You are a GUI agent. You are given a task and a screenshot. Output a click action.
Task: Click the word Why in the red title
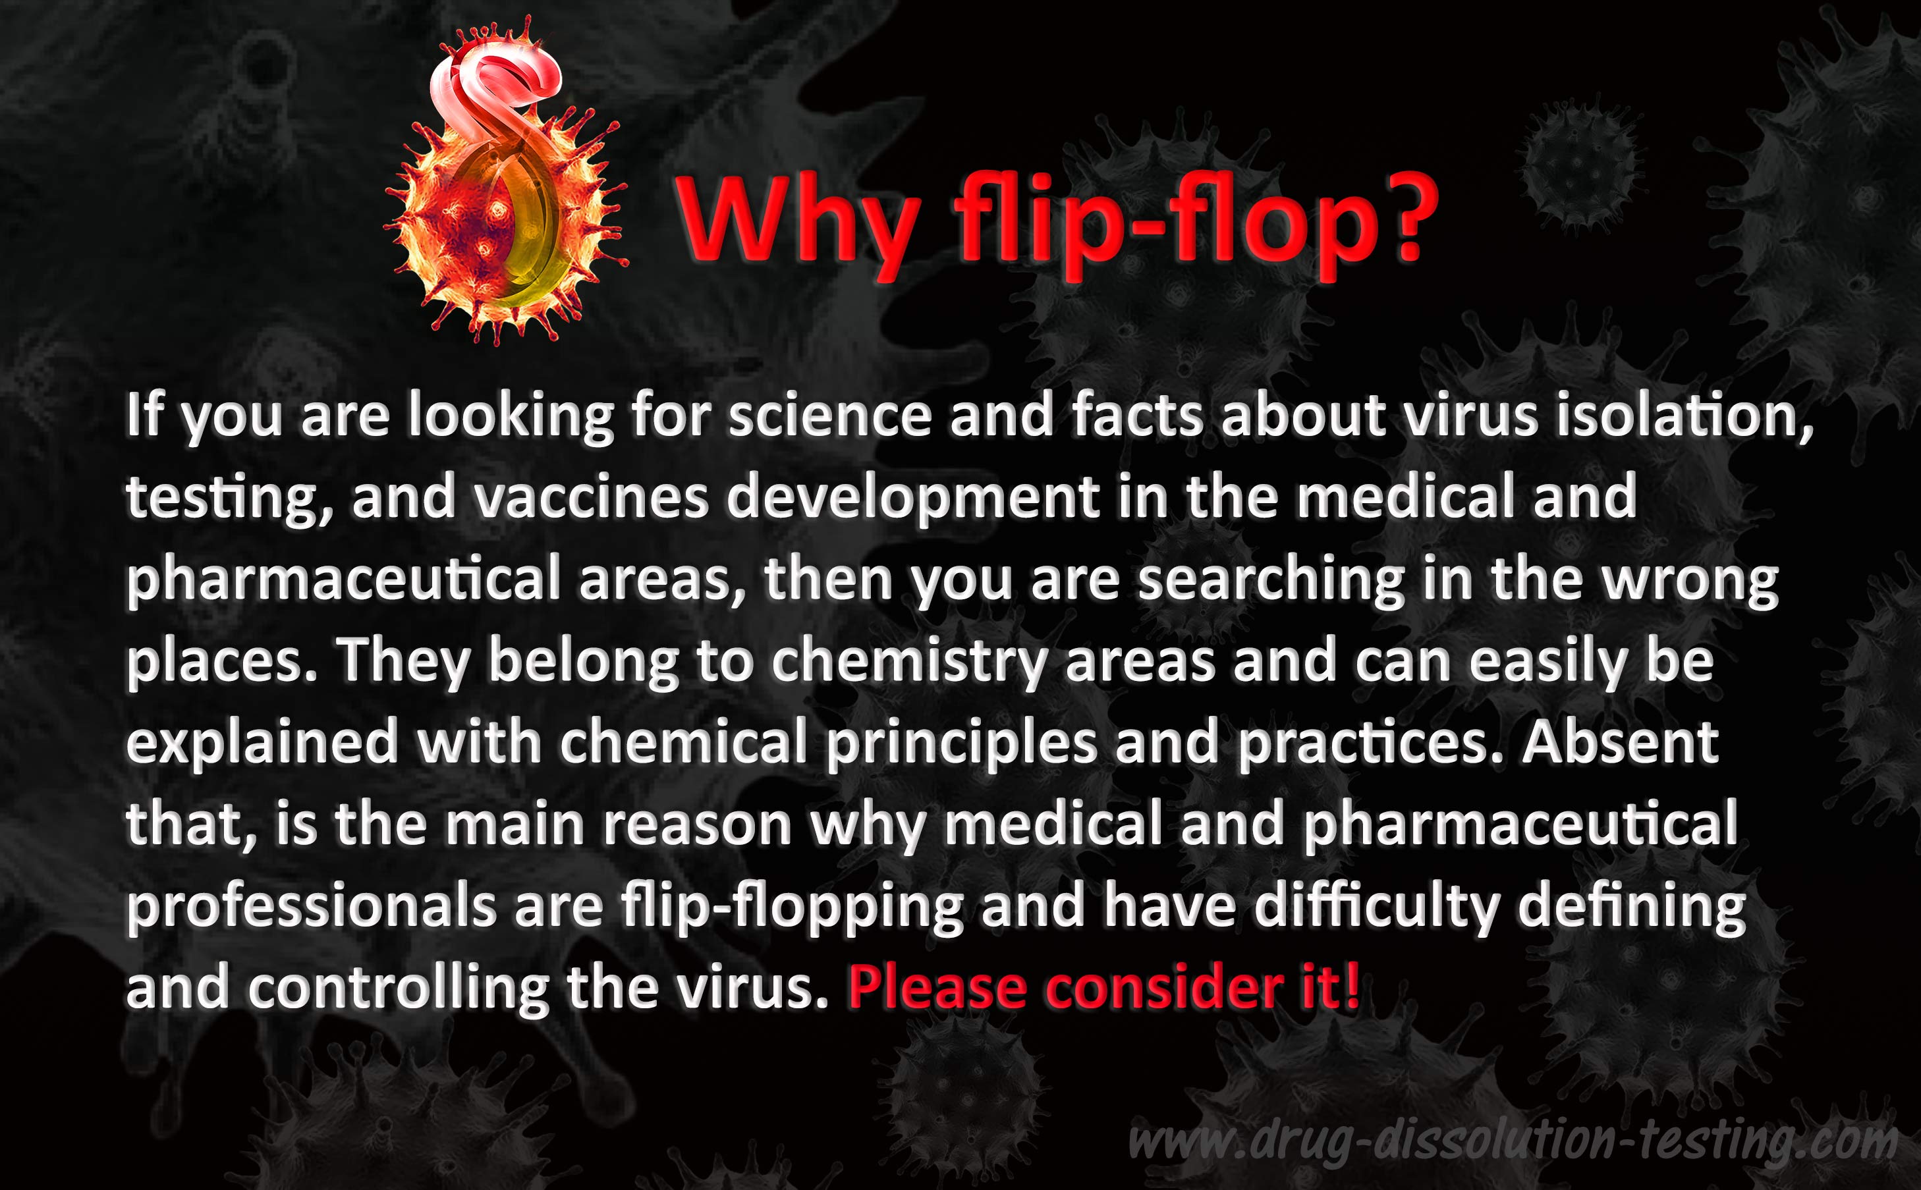tap(799, 219)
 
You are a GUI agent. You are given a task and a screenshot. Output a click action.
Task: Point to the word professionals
tap(311, 907)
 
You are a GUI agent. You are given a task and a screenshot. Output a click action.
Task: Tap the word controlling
tap(398, 989)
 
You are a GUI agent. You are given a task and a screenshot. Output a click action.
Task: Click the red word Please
tap(937, 988)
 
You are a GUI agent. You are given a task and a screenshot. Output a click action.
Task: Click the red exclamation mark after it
tap(1352, 987)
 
